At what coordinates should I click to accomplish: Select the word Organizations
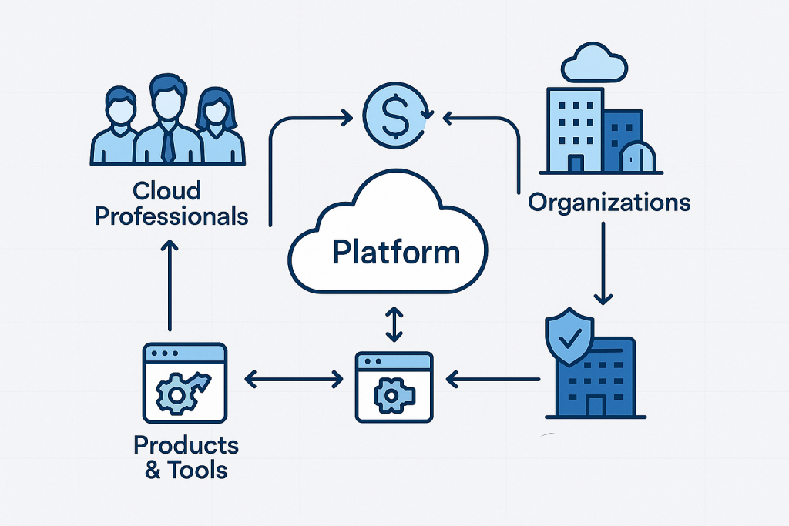point(609,203)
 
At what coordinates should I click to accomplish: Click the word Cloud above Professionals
point(166,189)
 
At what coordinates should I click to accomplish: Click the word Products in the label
point(186,444)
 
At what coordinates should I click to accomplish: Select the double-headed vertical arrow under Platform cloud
point(394,323)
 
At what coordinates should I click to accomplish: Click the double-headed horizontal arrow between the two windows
point(293,378)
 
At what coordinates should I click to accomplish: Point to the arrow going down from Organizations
point(604,262)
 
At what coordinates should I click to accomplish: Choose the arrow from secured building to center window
point(493,378)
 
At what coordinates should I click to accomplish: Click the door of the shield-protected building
point(596,405)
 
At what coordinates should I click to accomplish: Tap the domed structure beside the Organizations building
point(640,158)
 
